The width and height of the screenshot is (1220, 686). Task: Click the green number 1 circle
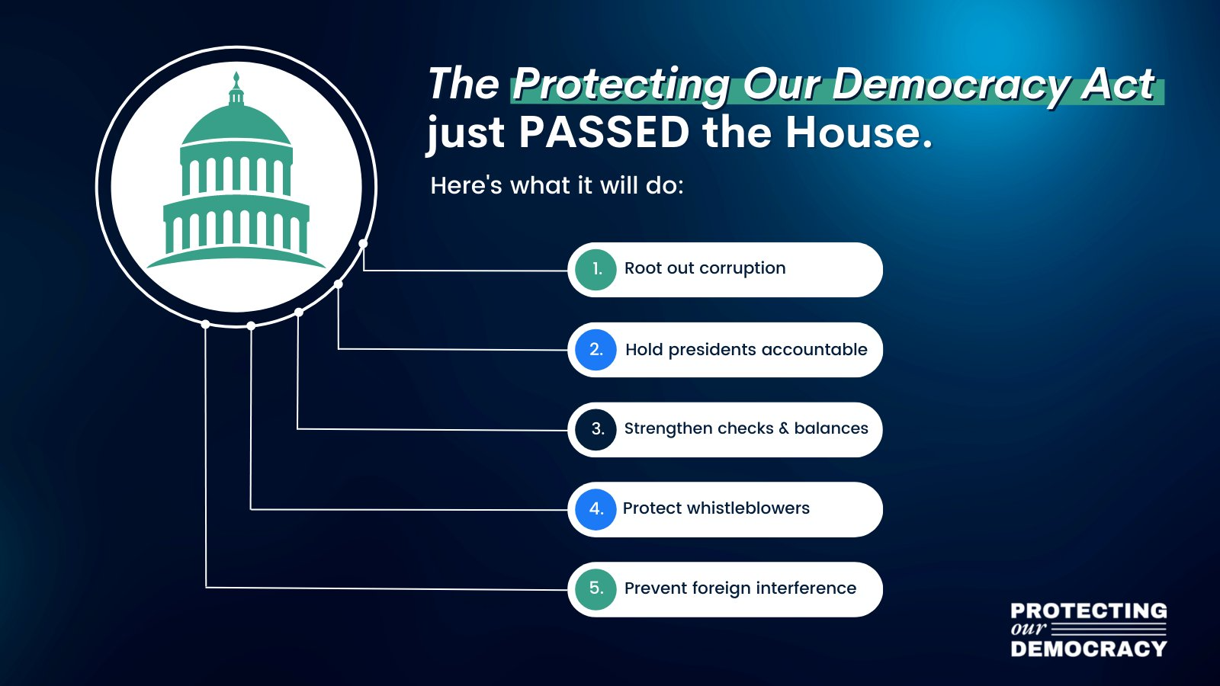596,270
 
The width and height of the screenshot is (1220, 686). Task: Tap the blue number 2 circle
596,350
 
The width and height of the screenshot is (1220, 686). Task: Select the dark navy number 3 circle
596,430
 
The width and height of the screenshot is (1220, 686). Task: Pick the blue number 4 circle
596,510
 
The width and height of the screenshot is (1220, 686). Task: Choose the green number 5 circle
596,589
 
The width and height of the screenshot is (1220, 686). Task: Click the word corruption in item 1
743,268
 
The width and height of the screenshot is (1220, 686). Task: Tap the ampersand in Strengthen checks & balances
784,428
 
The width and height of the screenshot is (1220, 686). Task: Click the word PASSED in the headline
605,133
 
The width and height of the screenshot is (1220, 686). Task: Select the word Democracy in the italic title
948,86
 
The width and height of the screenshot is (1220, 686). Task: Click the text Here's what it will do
557,186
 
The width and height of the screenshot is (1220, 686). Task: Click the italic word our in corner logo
1029,628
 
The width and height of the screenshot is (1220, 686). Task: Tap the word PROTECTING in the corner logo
1089,611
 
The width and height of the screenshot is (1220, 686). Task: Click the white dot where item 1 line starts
363,243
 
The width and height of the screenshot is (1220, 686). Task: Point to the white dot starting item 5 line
205,325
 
